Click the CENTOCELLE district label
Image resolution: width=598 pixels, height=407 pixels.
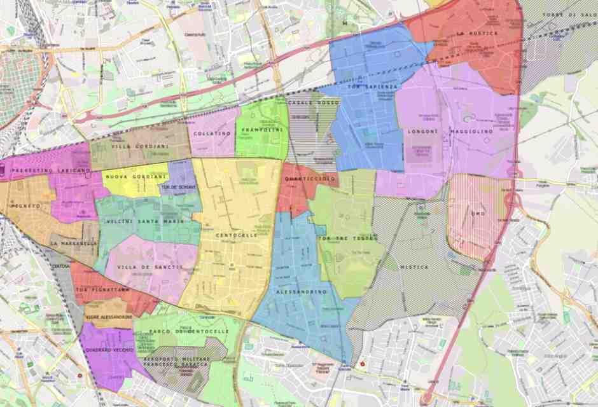pos(237,235)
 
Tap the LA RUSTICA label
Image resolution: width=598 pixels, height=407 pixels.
pos(477,33)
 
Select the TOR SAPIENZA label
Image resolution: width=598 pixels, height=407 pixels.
pos(373,86)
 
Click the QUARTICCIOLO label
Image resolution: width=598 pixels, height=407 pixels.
pos(310,179)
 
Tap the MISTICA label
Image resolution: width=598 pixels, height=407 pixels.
pos(414,267)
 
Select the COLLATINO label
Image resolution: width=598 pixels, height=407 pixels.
pos(212,134)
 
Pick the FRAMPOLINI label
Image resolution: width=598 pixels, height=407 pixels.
pos(261,130)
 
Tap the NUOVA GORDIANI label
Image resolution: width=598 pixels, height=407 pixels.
pos(136,176)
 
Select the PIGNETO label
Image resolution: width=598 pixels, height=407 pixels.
pos(25,206)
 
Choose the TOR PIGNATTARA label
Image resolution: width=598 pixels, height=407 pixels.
pos(102,290)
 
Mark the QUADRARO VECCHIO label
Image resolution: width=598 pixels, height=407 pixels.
pos(109,350)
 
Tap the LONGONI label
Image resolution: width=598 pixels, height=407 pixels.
pos(422,132)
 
